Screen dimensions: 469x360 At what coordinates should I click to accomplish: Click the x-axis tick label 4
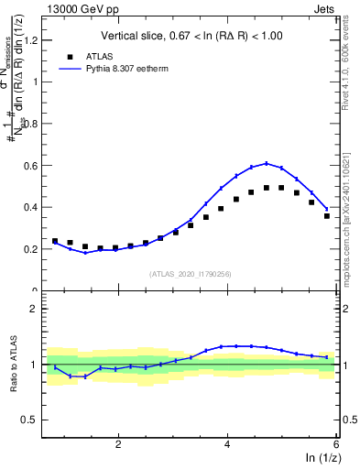[x=227, y=444]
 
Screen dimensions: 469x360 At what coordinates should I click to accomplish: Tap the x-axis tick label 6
[x=336, y=444]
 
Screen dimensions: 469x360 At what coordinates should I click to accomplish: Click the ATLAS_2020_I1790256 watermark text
[x=191, y=274]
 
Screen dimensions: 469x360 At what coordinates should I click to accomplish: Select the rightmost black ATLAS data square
[x=327, y=216]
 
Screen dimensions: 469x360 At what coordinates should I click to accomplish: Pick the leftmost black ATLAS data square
[x=55, y=241]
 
